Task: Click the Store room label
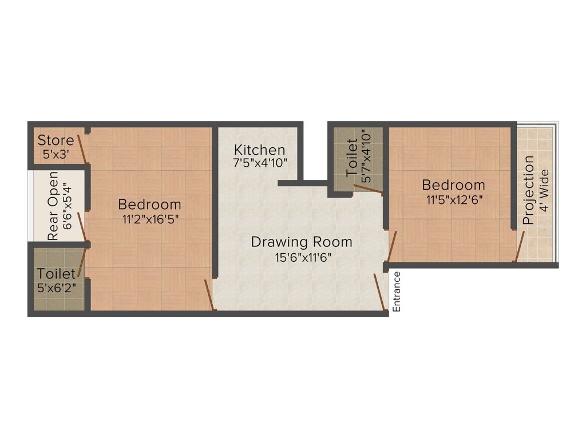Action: click(56, 140)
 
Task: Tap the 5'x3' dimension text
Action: click(56, 154)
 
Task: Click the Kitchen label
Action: click(259, 150)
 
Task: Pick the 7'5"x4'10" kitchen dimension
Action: click(259, 163)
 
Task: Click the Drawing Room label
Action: click(302, 242)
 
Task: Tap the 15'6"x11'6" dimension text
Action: click(302, 256)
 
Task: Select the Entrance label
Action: click(397, 292)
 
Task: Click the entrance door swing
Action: click(378, 292)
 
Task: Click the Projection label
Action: click(529, 190)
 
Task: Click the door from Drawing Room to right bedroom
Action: click(391, 246)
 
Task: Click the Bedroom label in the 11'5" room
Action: click(453, 185)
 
